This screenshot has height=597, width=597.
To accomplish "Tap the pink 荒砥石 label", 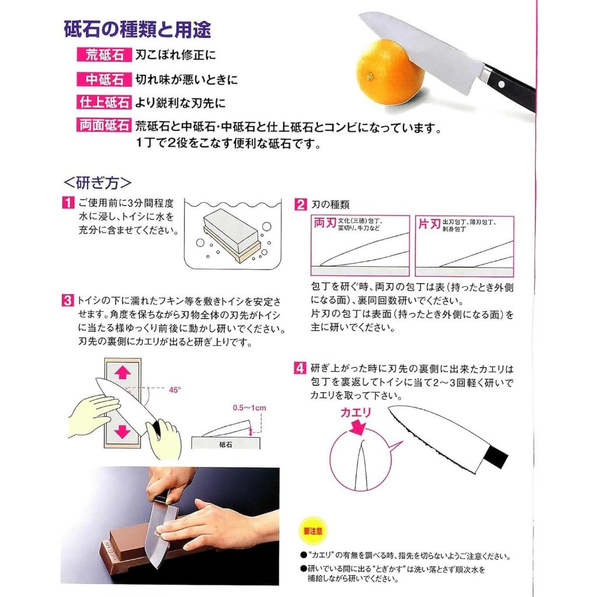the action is coord(104,55).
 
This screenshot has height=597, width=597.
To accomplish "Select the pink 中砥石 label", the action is coord(104,79).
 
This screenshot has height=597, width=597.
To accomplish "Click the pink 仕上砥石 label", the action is coord(104,103).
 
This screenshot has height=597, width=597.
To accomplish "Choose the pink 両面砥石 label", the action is coord(104,125).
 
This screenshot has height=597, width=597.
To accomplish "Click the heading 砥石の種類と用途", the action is coord(138,29).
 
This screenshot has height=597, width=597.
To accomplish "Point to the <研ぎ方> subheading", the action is coord(97,183).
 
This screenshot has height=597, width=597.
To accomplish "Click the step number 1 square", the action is coord(68,202).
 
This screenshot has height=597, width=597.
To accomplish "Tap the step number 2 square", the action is coord(300,205).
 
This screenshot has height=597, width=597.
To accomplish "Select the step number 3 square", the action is coord(68,300).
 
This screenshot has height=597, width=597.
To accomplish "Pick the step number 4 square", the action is coord(300,368).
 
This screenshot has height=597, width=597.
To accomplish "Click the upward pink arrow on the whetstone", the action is coord(122,372).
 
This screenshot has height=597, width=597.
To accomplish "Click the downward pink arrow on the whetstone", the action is coord(122,431).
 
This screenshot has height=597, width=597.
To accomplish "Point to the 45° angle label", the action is coord(175,390).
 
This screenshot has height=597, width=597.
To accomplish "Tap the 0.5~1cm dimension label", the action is coord(250,408).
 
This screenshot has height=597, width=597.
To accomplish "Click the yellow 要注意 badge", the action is coord(313,531).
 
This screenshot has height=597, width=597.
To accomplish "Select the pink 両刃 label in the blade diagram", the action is coord(325,223).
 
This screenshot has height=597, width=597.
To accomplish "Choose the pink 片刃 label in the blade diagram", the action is coord(430,223).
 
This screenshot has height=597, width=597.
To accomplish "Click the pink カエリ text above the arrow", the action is coord(356,412).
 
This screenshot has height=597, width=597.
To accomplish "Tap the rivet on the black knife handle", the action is coord(501,84).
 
